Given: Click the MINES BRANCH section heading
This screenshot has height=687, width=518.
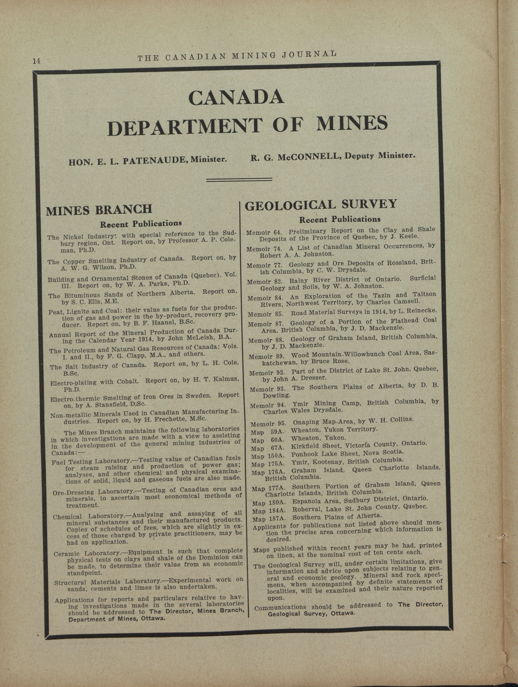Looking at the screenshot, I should click(x=99, y=210).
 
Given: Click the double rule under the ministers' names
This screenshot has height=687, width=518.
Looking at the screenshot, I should click(x=239, y=179).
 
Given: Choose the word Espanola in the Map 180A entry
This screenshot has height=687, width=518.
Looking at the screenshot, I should click(x=306, y=501).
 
